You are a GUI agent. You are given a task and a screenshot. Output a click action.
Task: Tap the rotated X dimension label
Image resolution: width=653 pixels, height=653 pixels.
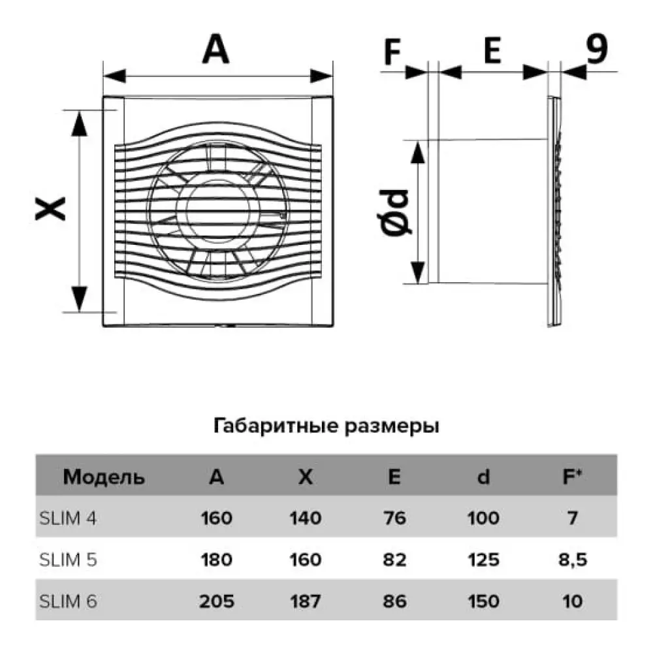tap(50, 209)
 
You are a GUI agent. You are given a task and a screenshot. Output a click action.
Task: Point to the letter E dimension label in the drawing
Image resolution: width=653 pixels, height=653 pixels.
tap(492, 50)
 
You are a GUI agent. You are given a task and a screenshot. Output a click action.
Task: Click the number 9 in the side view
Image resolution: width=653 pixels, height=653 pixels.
tap(596, 48)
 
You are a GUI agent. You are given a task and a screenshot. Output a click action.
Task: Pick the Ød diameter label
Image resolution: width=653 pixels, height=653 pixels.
tap(396, 213)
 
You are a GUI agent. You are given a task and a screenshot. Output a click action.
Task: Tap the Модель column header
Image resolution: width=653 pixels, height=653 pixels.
tap(104, 477)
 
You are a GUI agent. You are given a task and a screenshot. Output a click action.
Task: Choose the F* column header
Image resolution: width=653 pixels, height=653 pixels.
tap(572, 477)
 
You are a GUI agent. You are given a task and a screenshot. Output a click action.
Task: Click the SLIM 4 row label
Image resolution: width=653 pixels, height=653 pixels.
tap(68, 518)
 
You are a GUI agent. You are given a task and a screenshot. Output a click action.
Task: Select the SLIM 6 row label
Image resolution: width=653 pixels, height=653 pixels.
tap(69, 601)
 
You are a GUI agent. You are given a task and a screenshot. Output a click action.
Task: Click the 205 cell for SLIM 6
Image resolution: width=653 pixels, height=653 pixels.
tap(217, 601)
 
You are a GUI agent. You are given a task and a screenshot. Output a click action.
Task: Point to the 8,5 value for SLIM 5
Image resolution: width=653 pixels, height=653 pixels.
tap(573, 560)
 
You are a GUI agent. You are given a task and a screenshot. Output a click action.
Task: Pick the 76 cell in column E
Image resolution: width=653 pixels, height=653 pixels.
tap(394, 518)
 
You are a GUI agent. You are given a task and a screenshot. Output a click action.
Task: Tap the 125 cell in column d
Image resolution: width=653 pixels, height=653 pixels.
tap(483, 560)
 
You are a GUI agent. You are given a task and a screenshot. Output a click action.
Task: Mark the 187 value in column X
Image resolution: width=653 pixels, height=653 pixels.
tap(305, 601)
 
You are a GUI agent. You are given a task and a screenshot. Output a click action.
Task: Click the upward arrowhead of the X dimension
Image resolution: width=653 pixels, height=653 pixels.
tap(79, 123)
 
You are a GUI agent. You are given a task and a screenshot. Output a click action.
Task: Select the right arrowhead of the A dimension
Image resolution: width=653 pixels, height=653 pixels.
tap(321, 76)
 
